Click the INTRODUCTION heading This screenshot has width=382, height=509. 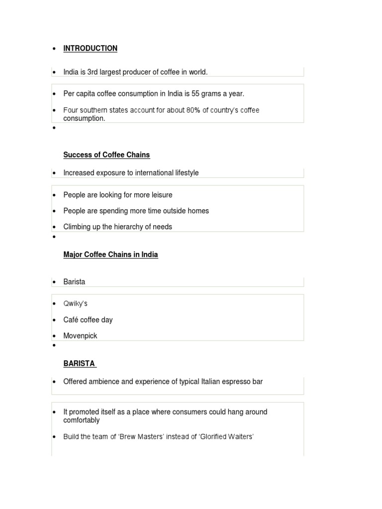[x=91, y=48]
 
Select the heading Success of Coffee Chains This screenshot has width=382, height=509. [x=106, y=155]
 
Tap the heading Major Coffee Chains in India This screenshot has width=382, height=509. [x=110, y=254]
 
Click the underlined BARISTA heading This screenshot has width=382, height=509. [x=79, y=363]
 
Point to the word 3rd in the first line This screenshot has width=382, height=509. [x=93, y=72]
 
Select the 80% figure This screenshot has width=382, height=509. [x=193, y=110]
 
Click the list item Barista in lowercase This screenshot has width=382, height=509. [x=74, y=282]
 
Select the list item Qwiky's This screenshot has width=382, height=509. [x=75, y=304]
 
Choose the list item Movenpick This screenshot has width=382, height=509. [x=80, y=336]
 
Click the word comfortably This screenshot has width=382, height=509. [x=82, y=420]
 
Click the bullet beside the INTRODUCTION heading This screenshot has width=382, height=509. [x=54, y=49]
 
